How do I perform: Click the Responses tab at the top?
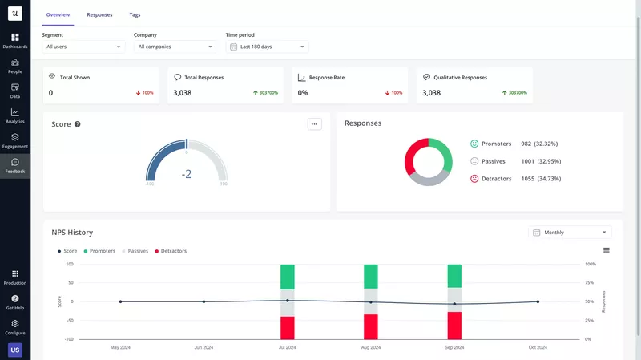click(x=99, y=14)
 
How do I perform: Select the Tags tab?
click(x=135, y=14)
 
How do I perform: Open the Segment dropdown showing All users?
click(x=83, y=47)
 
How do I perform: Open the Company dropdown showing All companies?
click(x=175, y=47)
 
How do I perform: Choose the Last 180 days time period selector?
click(x=267, y=47)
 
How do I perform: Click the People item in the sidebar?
click(x=15, y=65)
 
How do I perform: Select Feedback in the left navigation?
click(x=15, y=166)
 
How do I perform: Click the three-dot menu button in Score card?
click(x=314, y=124)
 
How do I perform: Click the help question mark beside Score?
click(x=78, y=124)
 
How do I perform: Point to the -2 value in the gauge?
click(x=187, y=173)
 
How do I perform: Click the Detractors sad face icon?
click(x=474, y=178)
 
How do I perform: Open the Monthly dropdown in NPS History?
click(x=570, y=233)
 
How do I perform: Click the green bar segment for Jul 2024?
click(x=288, y=277)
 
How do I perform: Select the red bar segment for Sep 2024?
click(x=454, y=325)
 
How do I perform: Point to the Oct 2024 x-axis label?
click(x=538, y=347)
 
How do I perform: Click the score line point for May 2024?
click(x=120, y=301)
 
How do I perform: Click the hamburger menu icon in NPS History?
click(x=607, y=250)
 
